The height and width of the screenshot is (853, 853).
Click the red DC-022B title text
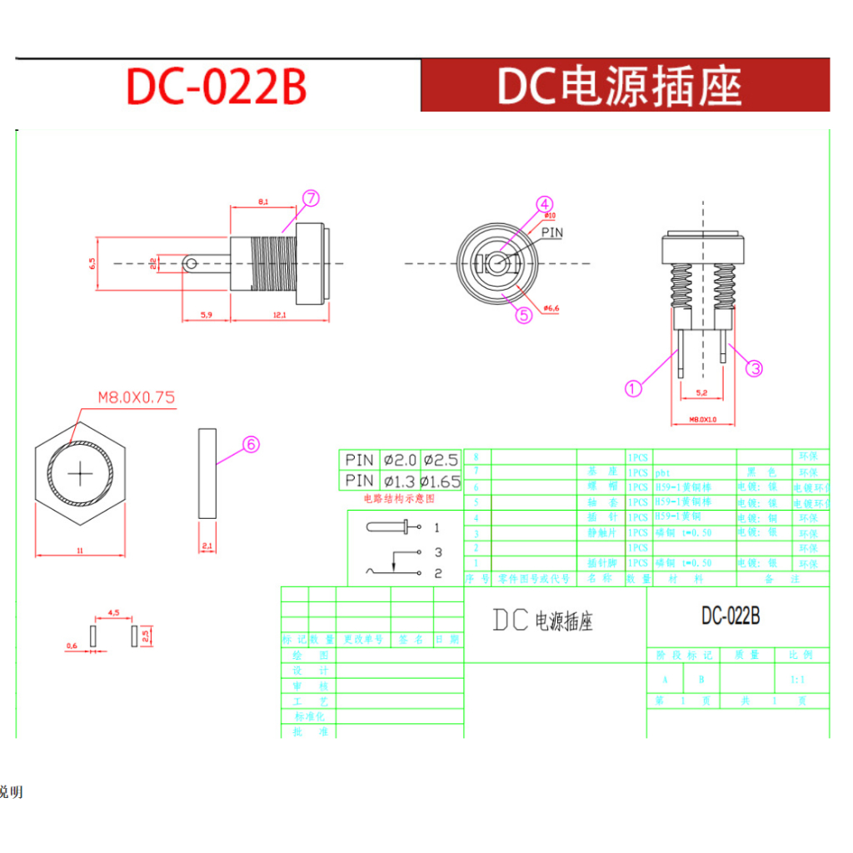pos(217,86)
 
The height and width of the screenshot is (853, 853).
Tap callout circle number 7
pos(311,198)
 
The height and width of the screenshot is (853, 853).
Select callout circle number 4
pos(544,204)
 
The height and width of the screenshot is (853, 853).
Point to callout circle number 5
pos(524,315)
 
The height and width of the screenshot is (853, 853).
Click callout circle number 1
pos(634,387)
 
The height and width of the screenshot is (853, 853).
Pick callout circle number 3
pos(754,368)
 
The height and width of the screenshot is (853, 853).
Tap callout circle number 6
pos(251,445)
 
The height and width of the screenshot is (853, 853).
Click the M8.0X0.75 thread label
pos(137,397)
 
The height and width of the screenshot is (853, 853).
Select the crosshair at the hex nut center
pos(81,474)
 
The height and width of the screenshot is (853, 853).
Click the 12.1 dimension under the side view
pos(278,315)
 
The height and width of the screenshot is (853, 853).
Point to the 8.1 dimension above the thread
pos(263,202)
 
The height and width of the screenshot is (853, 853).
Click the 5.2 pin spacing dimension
pos(701,392)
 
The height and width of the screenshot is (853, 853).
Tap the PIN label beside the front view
pos(551,232)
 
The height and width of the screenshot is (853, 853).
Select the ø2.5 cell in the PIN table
pos(441,460)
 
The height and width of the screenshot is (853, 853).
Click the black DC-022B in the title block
pos(730,616)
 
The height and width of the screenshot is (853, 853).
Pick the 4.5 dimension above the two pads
pos(114,612)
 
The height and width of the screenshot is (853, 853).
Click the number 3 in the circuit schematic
pos(437,552)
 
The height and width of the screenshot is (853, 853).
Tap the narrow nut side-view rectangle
pos(207,473)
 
